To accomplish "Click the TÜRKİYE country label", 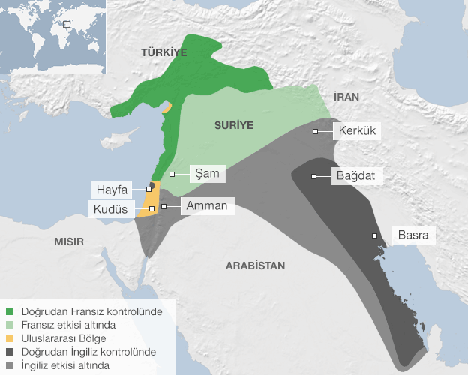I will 163,52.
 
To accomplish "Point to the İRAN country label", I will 348,97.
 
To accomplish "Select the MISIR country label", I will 68,241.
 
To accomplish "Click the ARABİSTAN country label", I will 256,265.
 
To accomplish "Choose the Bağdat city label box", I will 357,177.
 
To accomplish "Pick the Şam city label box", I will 205,173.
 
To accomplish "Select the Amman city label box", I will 206,205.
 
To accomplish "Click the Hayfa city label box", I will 112,189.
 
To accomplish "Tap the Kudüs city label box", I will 110,208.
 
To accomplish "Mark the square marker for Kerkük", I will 316,131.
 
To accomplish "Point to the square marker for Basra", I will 373,235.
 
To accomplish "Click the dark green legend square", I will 9,310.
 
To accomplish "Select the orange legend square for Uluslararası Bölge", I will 9,337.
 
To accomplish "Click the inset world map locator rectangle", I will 66,23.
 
